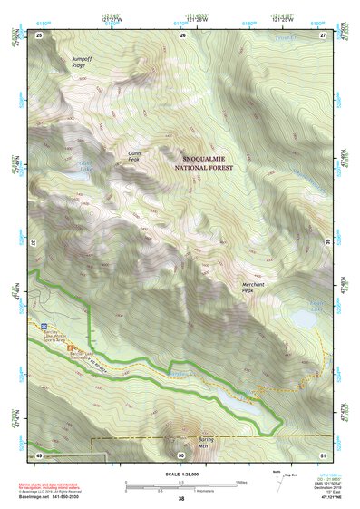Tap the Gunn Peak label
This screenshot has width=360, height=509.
click(x=135, y=157)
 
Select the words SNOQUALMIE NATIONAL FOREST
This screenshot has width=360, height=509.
click(x=203, y=162)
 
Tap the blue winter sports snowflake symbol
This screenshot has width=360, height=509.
click(x=43, y=324)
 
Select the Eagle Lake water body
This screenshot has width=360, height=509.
click(x=303, y=318)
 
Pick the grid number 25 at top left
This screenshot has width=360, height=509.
click(x=39, y=35)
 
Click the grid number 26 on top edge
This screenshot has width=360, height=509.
click(x=182, y=35)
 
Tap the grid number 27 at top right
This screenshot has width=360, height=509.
click(x=323, y=35)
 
